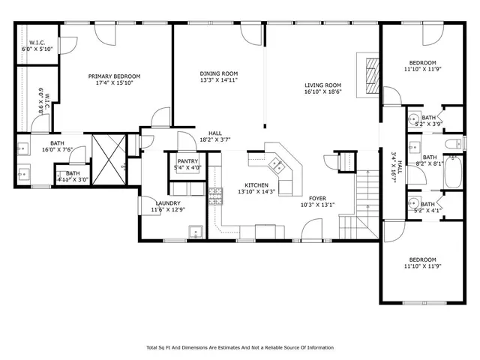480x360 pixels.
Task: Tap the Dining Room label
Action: point(218,73)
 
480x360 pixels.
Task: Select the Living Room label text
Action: point(322,85)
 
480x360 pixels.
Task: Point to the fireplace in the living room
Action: point(367,73)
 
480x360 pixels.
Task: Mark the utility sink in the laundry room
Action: point(195,232)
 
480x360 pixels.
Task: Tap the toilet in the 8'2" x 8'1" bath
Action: point(452,144)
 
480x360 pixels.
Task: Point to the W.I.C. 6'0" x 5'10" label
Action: point(36,46)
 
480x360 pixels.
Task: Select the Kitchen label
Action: point(256,184)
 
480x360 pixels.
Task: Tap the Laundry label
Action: point(167,202)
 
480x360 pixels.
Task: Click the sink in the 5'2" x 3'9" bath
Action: point(413,118)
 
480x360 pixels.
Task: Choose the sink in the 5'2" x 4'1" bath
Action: point(413,204)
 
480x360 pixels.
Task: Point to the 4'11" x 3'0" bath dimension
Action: point(72,180)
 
